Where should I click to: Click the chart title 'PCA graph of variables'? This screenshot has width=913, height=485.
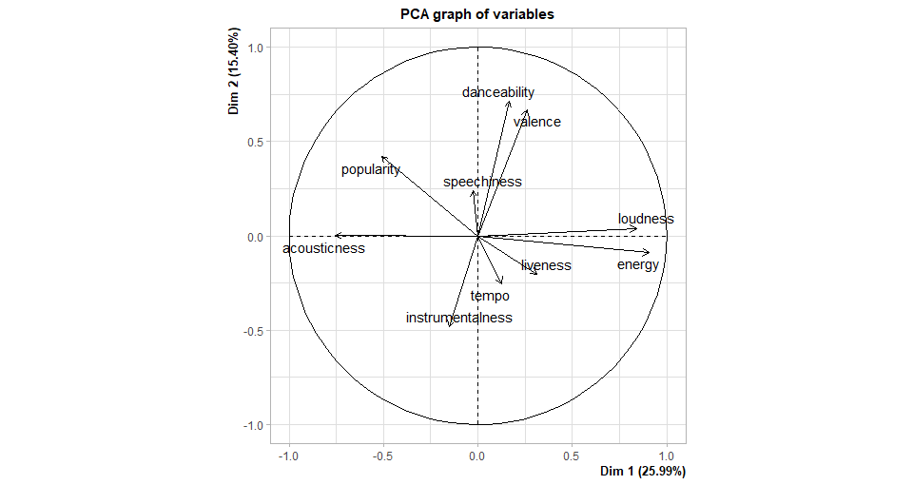click(x=476, y=14)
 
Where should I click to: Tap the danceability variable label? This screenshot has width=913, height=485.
click(x=498, y=92)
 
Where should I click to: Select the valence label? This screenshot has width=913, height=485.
click(x=537, y=122)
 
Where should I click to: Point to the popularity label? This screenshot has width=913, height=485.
click(x=371, y=169)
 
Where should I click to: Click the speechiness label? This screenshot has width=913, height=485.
click(x=482, y=182)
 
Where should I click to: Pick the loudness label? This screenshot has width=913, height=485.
click(x=646, y=219)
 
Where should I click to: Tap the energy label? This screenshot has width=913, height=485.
click(x=637, y=264)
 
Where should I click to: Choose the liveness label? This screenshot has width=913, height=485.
click(x=546, y=265)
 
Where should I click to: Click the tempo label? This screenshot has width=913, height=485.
click(x=490, y=296)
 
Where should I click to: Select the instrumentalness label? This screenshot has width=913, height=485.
click(x=458, y=318)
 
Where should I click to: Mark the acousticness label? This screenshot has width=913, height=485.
click(x=323, y=248)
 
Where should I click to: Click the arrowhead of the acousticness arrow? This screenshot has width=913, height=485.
click(x=335, y=235)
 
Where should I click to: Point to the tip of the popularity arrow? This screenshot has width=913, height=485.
click(x=381, y=156)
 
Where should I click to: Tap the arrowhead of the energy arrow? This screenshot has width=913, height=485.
click(x=650, y=252)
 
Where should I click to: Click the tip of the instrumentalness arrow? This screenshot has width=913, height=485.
click(x=449, y=327)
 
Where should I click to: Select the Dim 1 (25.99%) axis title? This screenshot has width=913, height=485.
click(x=643, y=472)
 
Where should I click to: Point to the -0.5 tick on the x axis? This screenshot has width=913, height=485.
click(x=382, y=456)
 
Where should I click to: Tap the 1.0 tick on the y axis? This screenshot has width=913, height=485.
click(x=255, y=48)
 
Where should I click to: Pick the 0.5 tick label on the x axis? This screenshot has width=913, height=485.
click(x=571, y=456)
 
